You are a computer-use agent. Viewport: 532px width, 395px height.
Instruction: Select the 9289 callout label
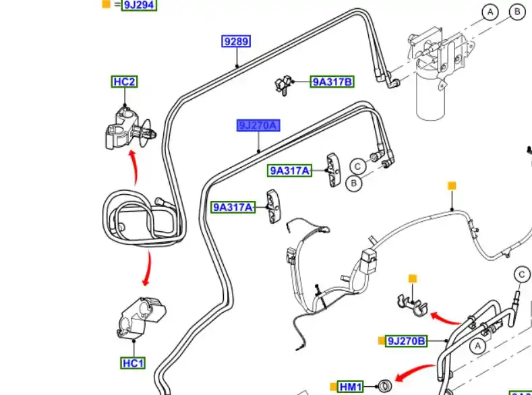pos(236,42)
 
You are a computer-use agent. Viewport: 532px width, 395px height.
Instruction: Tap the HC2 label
pos(124,82)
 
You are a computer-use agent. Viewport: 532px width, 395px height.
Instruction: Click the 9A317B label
pos(332,82)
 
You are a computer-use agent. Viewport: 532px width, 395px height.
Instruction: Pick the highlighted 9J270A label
pos(258,126)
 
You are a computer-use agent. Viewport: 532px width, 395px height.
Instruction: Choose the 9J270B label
pos(407,341)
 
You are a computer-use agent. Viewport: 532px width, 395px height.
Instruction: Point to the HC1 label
pos(134,363)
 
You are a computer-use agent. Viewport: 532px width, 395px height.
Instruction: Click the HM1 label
pos(351,387)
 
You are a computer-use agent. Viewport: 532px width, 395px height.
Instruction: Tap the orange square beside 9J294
pos(106,4)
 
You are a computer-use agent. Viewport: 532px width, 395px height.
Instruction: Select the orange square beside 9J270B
pos(382,341)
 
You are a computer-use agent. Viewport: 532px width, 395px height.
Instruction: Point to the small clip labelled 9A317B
pos(283,86)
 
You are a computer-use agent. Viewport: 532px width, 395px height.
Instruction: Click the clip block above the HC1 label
pos(138,317)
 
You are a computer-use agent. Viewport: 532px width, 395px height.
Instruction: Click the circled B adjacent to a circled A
pos(517,11)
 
